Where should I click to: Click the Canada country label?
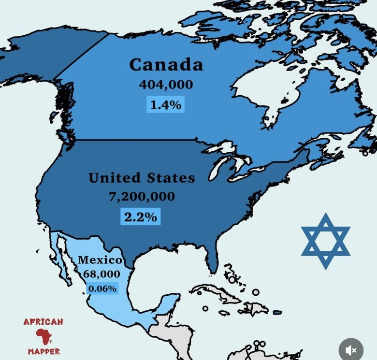pyautogui.click(x=166, y=64)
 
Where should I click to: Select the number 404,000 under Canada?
pyautogui.click(x=166, y=85)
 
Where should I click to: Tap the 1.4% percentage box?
pyautogui.click(x=166, y=104)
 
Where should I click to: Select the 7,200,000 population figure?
pyautogui.click(x=141, y=197)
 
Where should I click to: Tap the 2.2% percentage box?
pyautogui.click(x=140, y=217)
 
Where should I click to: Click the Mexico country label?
pyautogui.click(x=100, y=259)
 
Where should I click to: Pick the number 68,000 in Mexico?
pyautogui.click(x=101, y=274)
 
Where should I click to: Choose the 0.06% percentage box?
pyautogui.click(x=102, y=288)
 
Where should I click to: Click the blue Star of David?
pyautogui.click(x=325, y=241)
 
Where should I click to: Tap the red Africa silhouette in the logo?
pyautogui.click(x=43, y=336)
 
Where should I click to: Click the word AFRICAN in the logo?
pyautogui.click(x=43, y=322)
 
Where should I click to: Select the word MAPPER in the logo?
pyautogui.click(x=43, y=351)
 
